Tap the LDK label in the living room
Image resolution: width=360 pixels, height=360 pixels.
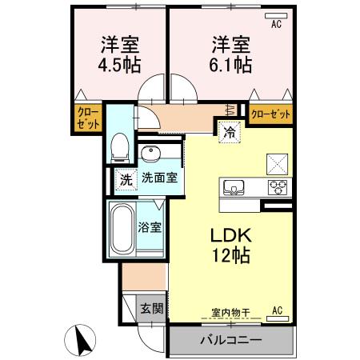click(x=230, y=237)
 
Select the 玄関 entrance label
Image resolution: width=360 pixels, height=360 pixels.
click(x=152, y=308)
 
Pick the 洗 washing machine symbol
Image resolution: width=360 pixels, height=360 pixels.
click(x=125, y=179)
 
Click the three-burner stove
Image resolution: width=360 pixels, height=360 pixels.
click(x=278, y=189)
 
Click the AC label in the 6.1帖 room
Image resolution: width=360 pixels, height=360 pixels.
click(x=277, y=23)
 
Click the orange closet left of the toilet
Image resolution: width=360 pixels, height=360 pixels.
click(x=87, y=119)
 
